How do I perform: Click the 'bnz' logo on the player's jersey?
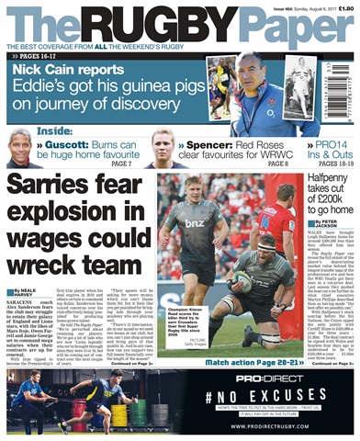click(x=195, y=222)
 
